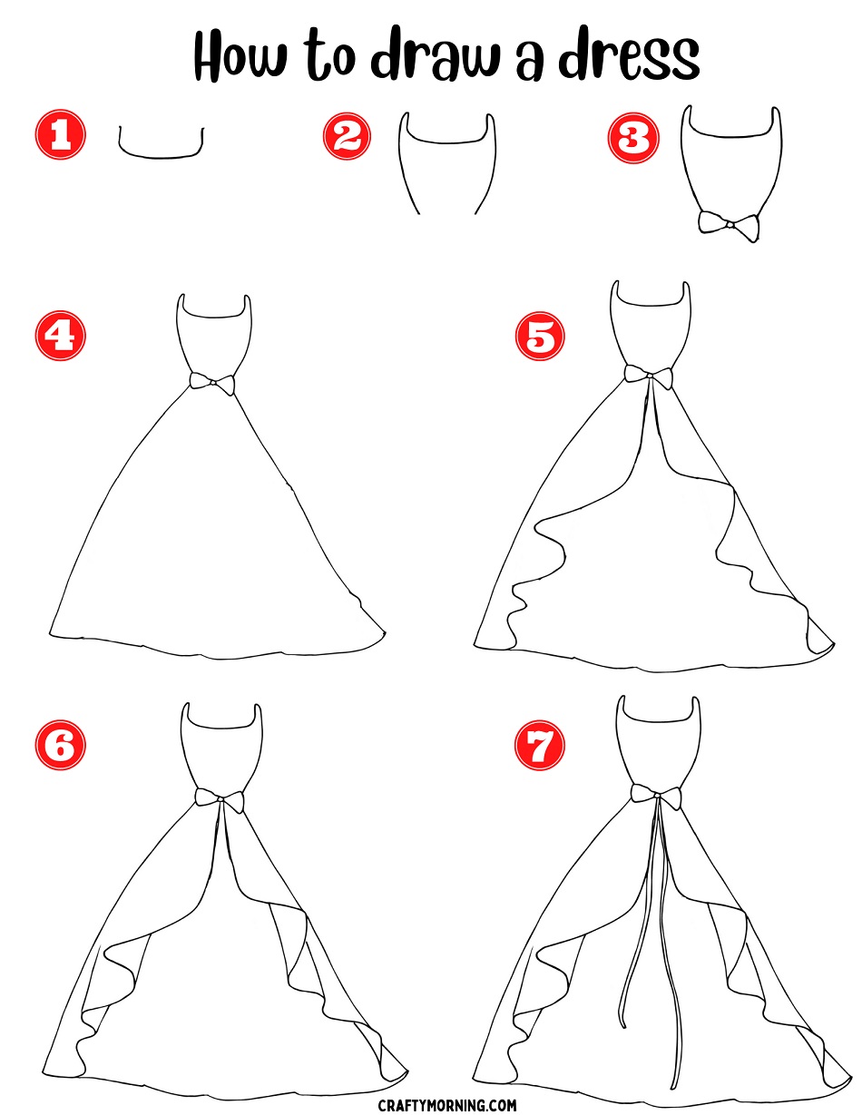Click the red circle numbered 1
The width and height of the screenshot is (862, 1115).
coord(61,135)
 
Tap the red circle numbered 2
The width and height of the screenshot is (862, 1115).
coord(347,136)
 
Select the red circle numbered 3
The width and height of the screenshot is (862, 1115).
coord(632,139)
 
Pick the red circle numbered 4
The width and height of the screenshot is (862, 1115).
coord(61,336)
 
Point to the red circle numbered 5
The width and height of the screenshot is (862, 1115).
coord(540,336)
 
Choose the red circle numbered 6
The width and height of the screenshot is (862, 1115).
coord(61,745)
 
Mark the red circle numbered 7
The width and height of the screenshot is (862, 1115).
coord(540,745)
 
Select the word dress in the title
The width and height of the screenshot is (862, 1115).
coord(629,55)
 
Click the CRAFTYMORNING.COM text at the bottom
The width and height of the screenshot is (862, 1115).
coord(447,1100)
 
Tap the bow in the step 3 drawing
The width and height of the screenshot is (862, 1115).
coord(729,225)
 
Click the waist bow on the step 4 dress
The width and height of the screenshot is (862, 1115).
coord(212,383)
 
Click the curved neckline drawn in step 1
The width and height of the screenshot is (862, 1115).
coord(162,155)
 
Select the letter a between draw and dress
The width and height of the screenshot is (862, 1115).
coord(529,64)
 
